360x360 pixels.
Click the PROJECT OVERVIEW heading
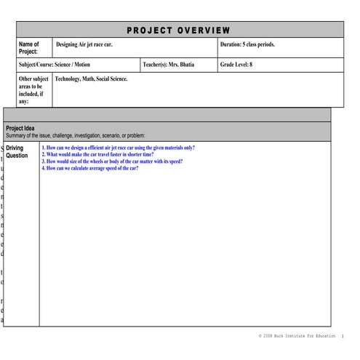pyautogui.click(x=179, y=30)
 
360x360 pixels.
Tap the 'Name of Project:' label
pyautogui.click(x=29, y=48)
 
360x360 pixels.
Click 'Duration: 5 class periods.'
pyautogui.click(x=247, y=44)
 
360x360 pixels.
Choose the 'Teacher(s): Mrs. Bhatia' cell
pyautogui.click(x=174, y=65)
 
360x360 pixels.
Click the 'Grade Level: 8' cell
pyautogui.click(x=236, y=65)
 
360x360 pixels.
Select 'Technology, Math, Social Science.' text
pyautogui.click(x=91, y=79)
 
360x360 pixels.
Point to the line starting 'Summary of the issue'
pyautogui.click(x=76, y=135)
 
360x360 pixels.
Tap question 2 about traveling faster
pyautogui.click(x=97, y=154)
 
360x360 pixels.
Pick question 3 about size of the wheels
pyautogui.click(x=112, y=161)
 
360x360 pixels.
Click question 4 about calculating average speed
pyautogui.click(x=90, y=168)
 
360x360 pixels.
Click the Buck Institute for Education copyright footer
pyautogui.click(x=297, y=337)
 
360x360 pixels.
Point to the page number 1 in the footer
pyautogui.click(x=343, y=337)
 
